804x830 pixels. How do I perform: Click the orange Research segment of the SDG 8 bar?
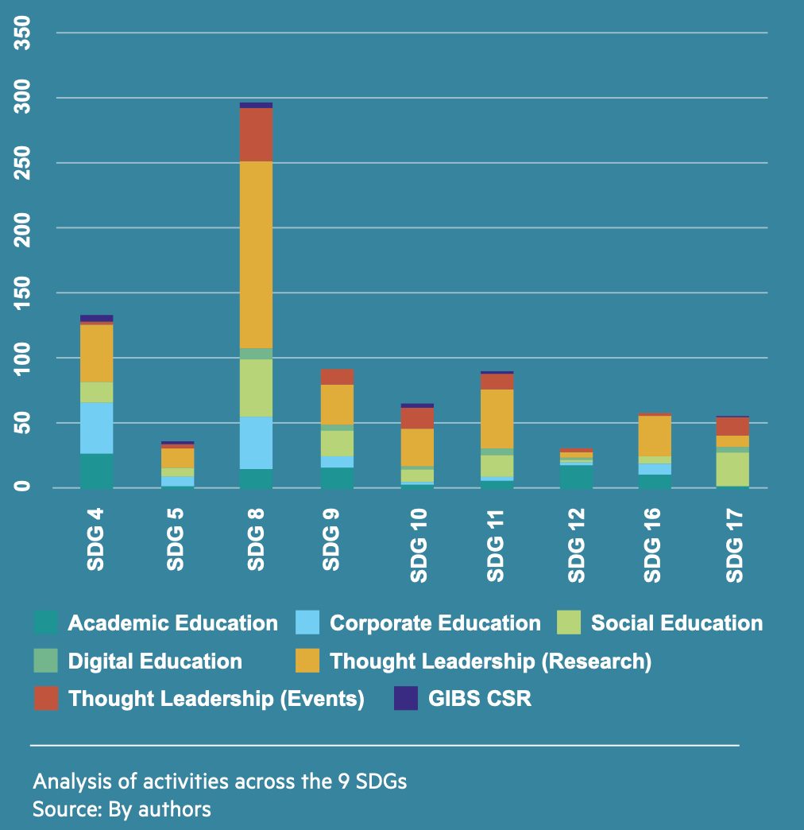click(x=256, y=254)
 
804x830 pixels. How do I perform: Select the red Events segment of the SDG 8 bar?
click(x=256, y=135)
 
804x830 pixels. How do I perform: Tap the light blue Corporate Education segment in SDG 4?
click(x=96, y=428)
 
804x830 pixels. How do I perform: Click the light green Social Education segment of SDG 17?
click(x=733, y=469)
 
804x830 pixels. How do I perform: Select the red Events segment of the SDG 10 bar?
click(x=417, y=418)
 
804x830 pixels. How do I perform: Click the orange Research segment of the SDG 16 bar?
click(x=655, y=436)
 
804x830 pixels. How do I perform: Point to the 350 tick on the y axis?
click(x=25, y=33)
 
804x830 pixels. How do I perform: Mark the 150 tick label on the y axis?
click(x=25, y=293)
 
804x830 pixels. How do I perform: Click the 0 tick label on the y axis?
click(x=25, y=487)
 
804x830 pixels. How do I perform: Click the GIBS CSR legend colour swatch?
click(x=406, y=699)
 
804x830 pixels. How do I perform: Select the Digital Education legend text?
click(x=155, y=661)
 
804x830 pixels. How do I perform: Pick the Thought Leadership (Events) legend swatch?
click(x=46, y=699)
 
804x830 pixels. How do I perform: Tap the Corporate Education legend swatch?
click(x=307, y=622)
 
